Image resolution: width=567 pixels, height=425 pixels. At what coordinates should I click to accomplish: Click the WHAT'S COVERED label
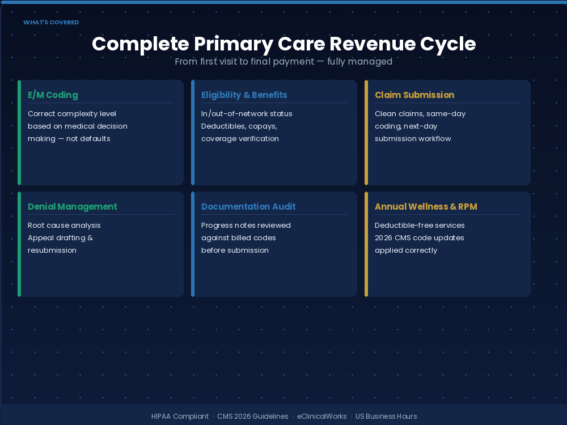coord(51,23)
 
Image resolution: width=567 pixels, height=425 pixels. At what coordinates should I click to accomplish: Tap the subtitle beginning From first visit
coord(283,61)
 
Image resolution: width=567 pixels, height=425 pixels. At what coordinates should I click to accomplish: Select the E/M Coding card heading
coord(53,95)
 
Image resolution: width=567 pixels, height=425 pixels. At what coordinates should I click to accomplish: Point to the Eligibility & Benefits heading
coord(244,95)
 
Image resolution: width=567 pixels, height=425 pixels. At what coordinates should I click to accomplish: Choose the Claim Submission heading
coord(414,95)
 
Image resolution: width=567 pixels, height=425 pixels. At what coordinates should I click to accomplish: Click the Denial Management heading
coord(73,207)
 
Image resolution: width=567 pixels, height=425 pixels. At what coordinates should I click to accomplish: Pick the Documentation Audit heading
coord(248,207)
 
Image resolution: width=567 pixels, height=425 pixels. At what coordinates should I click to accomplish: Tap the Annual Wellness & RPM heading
coord(426,207)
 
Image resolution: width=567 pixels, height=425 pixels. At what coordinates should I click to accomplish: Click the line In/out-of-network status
coord(247,114)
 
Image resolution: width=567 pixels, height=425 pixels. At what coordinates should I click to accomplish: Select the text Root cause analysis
coord(64,226)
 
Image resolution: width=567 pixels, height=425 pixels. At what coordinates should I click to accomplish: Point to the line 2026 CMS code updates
coord(420,238)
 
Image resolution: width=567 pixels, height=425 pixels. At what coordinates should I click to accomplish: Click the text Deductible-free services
coord(420,226)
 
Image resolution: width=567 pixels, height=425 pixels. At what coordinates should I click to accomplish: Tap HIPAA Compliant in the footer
coord(180,416)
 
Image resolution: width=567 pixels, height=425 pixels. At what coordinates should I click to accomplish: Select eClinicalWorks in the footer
coord(322,416)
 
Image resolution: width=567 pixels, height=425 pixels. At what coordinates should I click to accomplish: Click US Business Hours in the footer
coord(386,416)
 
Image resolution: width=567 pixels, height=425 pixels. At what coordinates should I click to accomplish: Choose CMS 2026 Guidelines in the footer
coord(253,416)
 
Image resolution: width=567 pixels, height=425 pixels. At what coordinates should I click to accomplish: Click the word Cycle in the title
coord(448,44)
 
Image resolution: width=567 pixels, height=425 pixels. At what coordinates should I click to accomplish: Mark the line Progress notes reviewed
coord(246,226)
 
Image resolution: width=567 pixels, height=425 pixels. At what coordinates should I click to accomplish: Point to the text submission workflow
coord(413,139)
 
